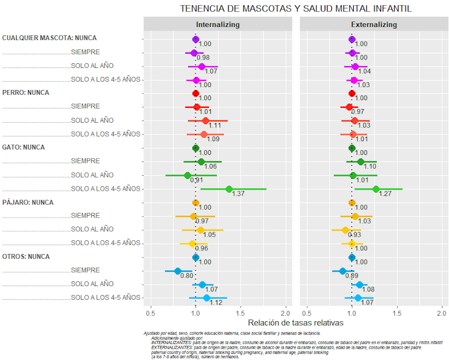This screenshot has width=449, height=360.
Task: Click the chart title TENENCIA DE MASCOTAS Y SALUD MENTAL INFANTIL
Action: pyautogui.click(x=296, y=9)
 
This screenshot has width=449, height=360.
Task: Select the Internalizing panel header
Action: pyautogui.click(x=218, y=24)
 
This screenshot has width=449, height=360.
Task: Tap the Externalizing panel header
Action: pyautogui.click(x=373, y=24)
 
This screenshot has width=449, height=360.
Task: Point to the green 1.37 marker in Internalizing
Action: pyautogui.click(x=229, y=189)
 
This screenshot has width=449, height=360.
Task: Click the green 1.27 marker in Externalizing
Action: pyautogui.click(x=376, y=189)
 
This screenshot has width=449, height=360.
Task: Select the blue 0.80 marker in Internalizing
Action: pyautogui.click(x=177, y=271)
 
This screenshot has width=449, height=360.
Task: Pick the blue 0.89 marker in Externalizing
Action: pyautogui.click(x=342, y=271)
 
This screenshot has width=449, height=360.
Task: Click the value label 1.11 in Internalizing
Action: pyautogui.click(x=215, y=126)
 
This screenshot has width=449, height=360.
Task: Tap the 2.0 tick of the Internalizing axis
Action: pyautogui.click(x=286, y=312)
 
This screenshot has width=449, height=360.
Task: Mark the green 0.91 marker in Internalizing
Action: pyautogui.click(x=188, y=175)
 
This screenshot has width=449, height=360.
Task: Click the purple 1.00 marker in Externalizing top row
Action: pyautogui.click(x=352, y=39)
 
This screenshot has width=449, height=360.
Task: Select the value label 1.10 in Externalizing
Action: pyautogui.click(x=369, y=167)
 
